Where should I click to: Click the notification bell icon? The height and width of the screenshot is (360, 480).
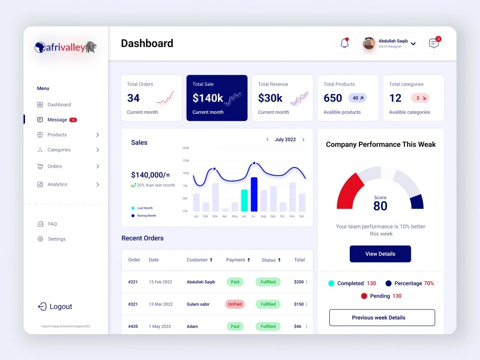pos(344,43)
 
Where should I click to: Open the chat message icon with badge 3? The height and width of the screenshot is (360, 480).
pos(434,43)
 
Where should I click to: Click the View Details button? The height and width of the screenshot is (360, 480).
pos(380,254)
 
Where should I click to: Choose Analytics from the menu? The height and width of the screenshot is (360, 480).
pos(57,184)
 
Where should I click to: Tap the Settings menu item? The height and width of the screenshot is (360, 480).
pos(57,239)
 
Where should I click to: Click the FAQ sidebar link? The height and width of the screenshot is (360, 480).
pos(52,224)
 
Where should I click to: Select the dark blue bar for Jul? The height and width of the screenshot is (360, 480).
pos(254,194)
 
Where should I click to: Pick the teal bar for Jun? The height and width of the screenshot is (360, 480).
pos(244,201)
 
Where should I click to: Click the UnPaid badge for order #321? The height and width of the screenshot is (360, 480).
pos(235,304)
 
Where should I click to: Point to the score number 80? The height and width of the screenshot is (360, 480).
pos(380,206)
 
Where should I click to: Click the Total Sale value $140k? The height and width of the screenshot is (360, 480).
pos(207,98)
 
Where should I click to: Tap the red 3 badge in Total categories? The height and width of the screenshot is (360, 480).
pos(420,98)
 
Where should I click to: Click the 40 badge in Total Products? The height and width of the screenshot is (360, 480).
pos(358,98)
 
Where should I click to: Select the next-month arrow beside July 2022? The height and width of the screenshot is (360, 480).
pos(303,140)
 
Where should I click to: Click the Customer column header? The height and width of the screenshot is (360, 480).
pos(197,260)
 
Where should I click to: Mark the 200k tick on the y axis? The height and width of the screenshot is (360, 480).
pos(186,148)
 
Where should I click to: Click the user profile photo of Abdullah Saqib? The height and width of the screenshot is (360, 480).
pos(369,43)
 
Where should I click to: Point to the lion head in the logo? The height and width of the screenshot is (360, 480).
pos(91,47)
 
